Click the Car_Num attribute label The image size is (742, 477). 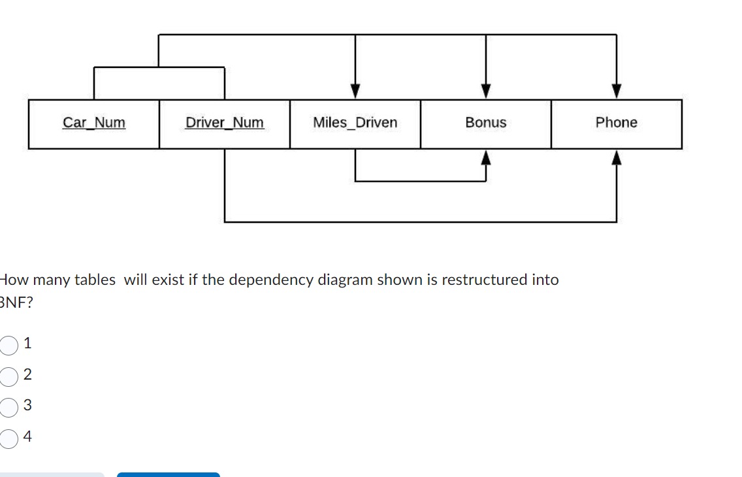(94, 123)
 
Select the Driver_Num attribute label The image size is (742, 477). (225, 123)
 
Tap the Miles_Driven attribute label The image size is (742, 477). (355, 123)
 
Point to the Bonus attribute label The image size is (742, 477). (486, 123)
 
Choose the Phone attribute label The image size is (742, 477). (616, 123)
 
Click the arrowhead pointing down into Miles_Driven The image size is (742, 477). (355, 91)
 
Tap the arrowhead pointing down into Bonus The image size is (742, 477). (486, 91)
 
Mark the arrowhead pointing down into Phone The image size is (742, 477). (617, 91)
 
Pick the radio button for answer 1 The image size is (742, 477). (9, 344)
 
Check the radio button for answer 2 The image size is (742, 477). (9, 376)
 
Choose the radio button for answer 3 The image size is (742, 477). (9, 407)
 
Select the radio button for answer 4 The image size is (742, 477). (9, 438)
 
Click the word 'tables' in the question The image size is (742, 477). (95, 280)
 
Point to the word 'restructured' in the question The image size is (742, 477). (484, 280)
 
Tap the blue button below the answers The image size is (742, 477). (169, 474)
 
